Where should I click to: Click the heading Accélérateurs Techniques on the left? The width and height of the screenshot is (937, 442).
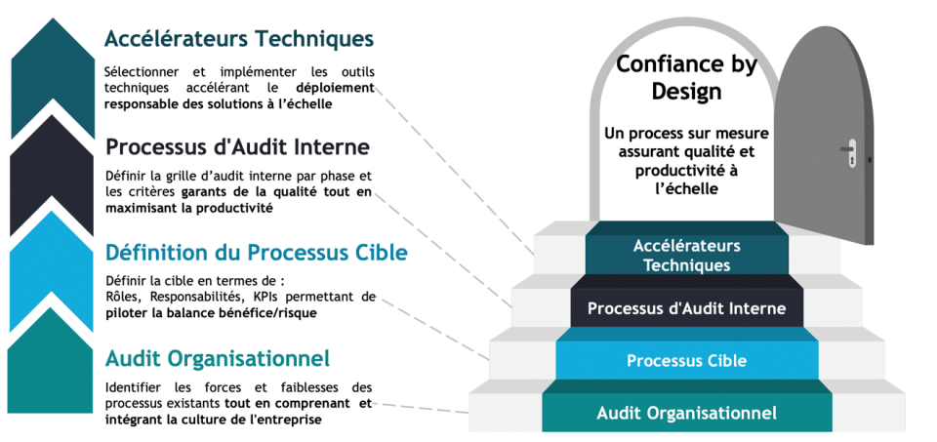tap(239, 39)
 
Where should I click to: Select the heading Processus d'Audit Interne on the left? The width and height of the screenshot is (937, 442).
tap(237, 147)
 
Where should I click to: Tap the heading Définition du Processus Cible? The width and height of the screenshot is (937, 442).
tap(256, 252)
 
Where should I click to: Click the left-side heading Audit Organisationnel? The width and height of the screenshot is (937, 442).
tap(217, 357)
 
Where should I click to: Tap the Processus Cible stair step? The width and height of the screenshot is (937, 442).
tap(686, 361)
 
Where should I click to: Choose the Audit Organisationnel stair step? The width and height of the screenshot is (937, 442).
tap(686, 413)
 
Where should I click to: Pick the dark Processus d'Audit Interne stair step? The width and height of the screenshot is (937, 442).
tap(686, 308)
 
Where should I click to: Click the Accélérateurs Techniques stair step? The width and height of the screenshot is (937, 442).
tap(686, 256)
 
